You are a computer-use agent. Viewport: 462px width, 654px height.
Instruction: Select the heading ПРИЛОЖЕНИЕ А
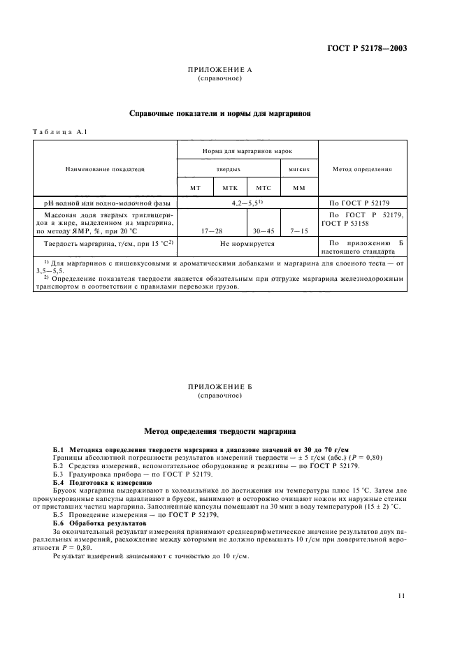(219, 71)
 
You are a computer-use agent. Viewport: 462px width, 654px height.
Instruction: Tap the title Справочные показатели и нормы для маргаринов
(219, 112)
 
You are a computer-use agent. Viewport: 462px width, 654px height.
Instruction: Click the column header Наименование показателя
(104, 169)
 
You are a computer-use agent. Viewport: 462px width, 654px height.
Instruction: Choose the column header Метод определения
(361, 169)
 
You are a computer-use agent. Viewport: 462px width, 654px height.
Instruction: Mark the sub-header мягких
(299, 169)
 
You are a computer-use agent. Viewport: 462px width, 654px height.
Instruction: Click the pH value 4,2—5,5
(246, 203)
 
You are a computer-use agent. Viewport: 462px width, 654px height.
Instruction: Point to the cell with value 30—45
(264, 230)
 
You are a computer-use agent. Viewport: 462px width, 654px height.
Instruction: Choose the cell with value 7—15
(299, 230)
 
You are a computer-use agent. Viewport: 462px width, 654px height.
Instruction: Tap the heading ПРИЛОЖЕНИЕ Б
(219, 386)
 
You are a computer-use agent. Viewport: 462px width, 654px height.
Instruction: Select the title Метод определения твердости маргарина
(219, 432)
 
